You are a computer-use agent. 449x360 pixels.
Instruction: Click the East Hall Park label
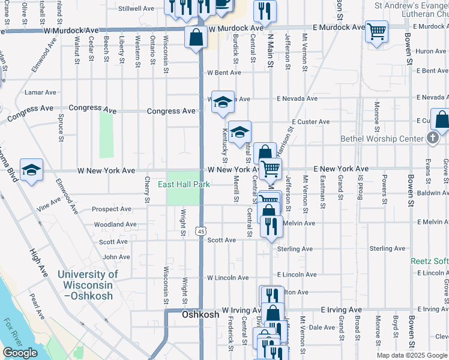pos(184,184)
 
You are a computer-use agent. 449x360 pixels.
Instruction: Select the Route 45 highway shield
pos(200,231)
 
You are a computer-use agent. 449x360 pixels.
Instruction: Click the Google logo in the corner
pos(20,353)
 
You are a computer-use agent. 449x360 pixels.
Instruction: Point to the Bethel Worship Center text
pos(382,139)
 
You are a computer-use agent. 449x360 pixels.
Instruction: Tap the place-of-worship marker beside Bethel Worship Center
pos(432,138)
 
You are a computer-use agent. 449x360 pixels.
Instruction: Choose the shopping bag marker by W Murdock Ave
pos(196,38)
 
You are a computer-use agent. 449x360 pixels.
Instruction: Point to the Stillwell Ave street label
pos(136,9)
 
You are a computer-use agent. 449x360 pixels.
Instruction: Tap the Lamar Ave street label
pos(41,92)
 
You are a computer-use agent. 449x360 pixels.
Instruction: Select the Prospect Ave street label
pos(111,209)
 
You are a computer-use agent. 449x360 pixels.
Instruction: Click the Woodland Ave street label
pos(115,224)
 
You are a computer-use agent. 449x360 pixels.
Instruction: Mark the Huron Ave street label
pos(430,51)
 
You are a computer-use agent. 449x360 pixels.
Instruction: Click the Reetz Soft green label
pos(429,261)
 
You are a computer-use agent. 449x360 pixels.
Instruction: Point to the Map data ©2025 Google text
pos(411,355)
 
